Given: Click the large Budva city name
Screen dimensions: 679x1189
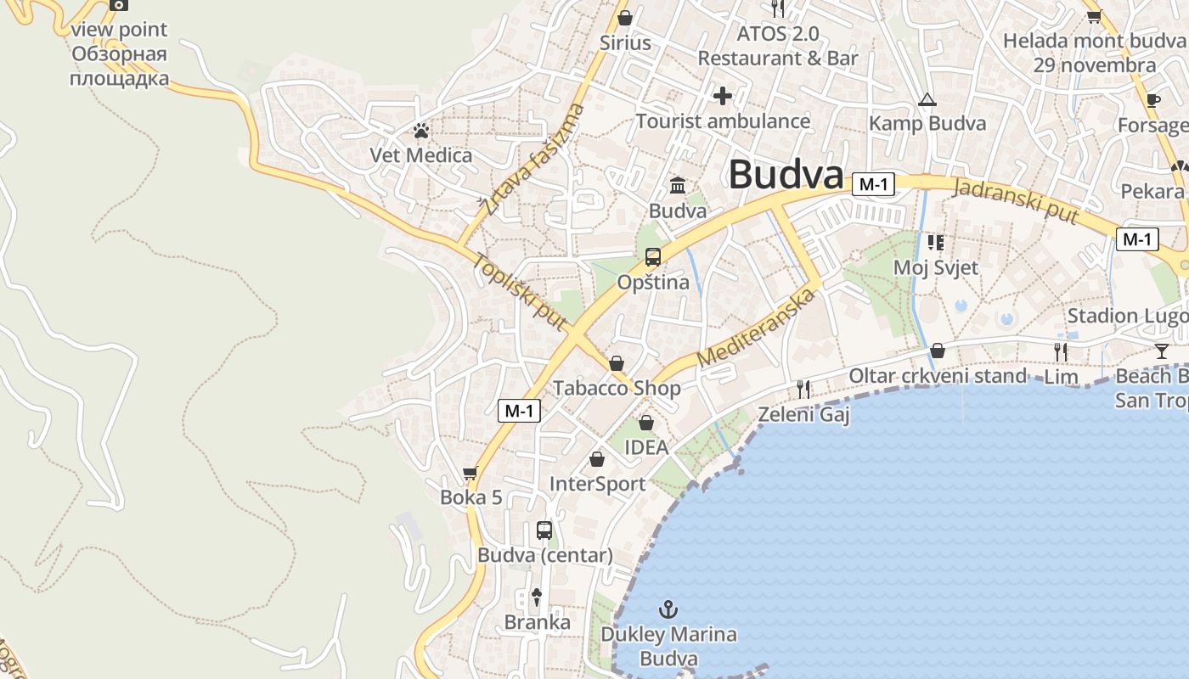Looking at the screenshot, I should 786,176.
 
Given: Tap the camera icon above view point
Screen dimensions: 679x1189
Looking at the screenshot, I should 119,4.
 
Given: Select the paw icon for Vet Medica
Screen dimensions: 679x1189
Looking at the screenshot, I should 421,131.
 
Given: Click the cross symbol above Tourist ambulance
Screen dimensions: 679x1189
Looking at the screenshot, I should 723,96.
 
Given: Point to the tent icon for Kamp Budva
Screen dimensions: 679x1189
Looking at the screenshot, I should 927,100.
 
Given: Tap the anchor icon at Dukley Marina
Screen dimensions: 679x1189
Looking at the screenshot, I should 668,609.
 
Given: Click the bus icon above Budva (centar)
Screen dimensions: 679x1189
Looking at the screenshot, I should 544,530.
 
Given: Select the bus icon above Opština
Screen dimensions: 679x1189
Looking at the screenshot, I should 653,257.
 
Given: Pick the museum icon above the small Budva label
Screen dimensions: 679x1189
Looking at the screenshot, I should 678,185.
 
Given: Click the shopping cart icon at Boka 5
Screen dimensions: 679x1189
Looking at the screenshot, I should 471,473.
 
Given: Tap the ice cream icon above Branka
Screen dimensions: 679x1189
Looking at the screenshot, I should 537,597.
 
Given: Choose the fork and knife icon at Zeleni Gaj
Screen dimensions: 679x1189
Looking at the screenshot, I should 803,389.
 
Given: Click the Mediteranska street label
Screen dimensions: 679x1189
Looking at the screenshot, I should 755,328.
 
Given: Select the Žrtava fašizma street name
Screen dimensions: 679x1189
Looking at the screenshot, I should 533,159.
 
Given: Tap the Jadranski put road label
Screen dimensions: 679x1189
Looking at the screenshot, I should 1016,201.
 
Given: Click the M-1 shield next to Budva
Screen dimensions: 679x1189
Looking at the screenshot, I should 874,184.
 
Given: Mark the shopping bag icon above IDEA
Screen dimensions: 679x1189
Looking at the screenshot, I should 646,423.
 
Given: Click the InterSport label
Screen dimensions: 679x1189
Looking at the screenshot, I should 598,484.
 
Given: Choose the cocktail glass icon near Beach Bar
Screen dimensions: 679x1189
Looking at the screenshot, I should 1162,351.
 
